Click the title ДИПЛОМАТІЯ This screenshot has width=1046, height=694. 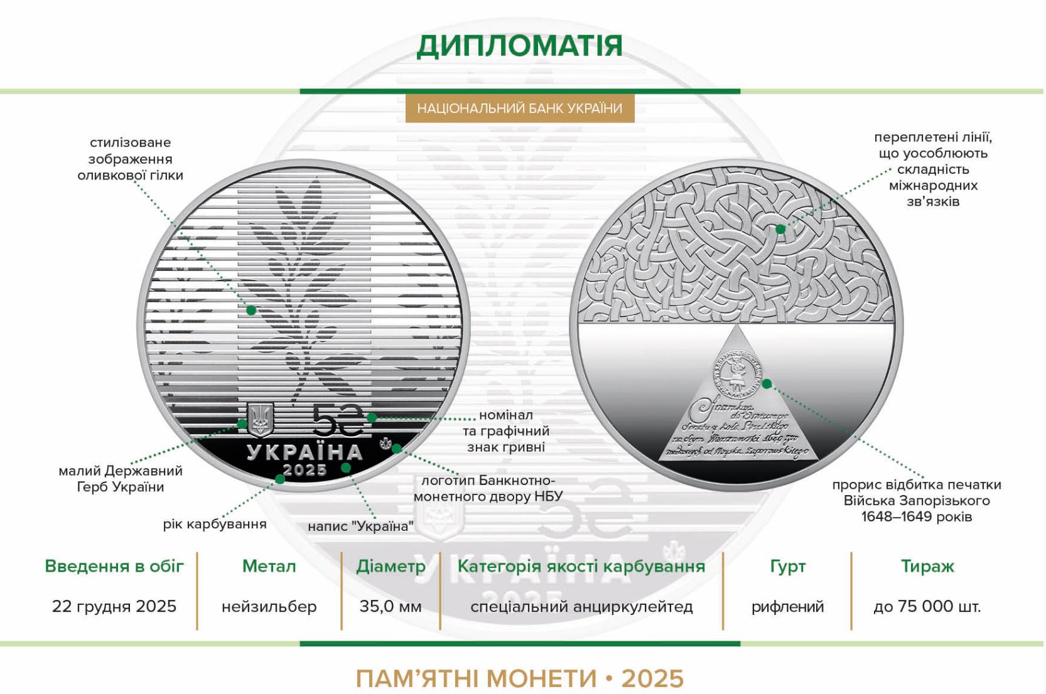(x=519, y=46)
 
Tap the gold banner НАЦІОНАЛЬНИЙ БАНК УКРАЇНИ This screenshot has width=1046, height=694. (x=519, y=109)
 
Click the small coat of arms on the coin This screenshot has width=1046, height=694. (x=259, y=420)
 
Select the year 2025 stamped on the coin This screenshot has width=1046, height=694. (x=305, y=470)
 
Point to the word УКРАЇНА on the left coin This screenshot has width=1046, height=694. (x=305, y=452)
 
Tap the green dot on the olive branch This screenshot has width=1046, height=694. (x=251, y=310)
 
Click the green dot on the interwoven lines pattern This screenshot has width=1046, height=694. (x=780, y=229)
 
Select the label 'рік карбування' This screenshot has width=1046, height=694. (x=215, y=524)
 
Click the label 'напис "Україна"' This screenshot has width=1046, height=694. (x=360, y=526)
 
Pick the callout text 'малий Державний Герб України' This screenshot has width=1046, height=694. (x=121, y=479)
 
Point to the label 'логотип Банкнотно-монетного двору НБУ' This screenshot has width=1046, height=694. (x=488, y=488)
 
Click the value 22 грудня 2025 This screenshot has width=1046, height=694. (x=114, y=606)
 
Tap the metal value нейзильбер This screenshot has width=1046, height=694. (x=269, y=607)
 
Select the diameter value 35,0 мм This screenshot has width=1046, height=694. (x=391, y=607)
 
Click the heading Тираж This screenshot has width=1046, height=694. (x=927, y=566)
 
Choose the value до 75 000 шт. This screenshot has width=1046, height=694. (x=927, y=607)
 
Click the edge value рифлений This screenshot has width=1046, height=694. (x=787, y=607)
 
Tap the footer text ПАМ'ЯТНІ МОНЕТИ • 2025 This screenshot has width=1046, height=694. (x=519, y=678)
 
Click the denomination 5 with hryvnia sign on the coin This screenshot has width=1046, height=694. (x=338, y=420)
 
